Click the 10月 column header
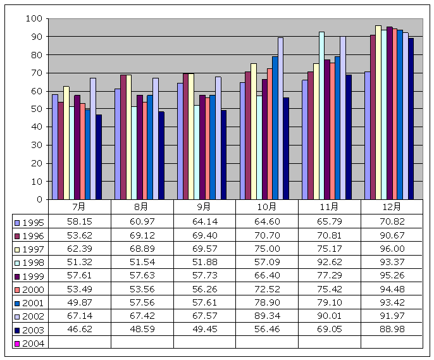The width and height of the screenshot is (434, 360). [266, 207]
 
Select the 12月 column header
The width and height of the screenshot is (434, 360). [392, 207]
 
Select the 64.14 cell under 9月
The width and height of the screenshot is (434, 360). [204, 223]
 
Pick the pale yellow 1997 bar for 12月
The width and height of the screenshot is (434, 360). [378, 113]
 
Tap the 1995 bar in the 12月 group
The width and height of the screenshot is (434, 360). [367, 135]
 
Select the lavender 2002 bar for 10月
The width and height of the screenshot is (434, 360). [280, 118]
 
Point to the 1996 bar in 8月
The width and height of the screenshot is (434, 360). [123, 137]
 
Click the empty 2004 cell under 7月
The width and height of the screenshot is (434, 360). [79, 342]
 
